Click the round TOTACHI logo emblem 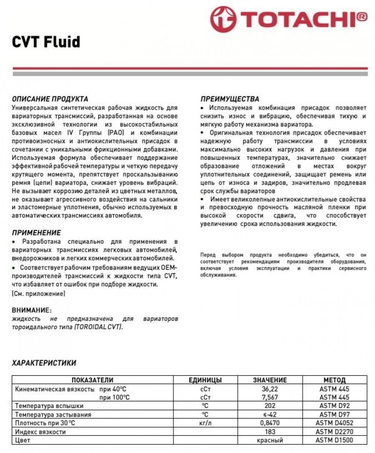coord(223,19)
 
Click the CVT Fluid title coord(46,42)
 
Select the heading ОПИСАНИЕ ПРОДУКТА coord(50,99)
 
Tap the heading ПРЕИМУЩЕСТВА coord(230,99)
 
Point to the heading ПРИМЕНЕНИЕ coord(36,233)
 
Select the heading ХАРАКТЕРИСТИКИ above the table coord(44,363)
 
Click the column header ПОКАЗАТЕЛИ coord(92,380)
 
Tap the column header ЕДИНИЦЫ coord(205,380)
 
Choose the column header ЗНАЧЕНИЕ coord(270,380)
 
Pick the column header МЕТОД coord(334,380)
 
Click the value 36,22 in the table coord(270,389)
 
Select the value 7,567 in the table coord(270,397)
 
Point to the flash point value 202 coord(270,406)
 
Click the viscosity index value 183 coord(270,432)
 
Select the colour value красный coord(270,440)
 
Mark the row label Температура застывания coord(53,415)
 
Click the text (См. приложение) coord(38,294)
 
